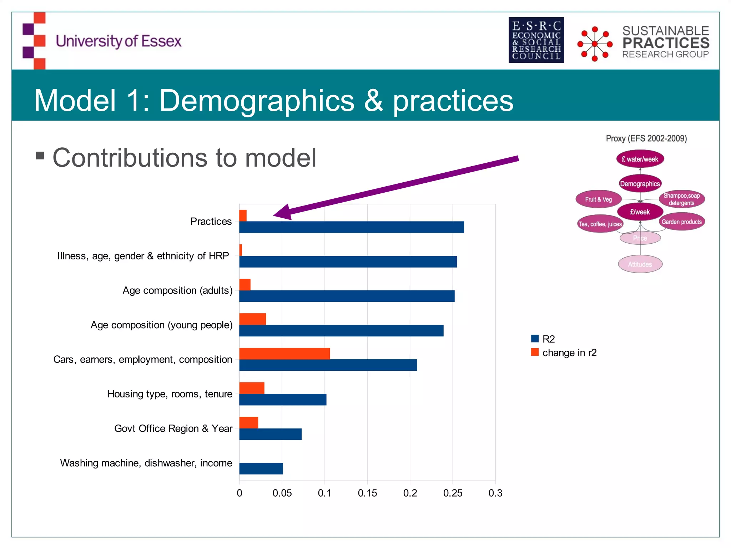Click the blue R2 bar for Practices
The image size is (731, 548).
[x=352, y=227]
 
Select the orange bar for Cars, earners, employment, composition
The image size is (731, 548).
[x=284, y=354]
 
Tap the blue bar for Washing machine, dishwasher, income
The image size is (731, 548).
[x=261, y=468]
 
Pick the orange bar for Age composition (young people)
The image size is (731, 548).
[x=253, y=319]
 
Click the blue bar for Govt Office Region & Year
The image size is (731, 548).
[x=270, y=434]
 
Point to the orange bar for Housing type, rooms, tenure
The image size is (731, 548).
[x=252, y=388]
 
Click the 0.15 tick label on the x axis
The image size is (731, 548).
[x=367, y=493]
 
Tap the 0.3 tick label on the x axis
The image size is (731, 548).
[x=495, y=493]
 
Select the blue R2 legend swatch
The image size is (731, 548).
[x=535, y=339]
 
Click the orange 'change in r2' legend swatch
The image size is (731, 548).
[x=535, y=352]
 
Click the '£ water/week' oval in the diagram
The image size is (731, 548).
[x=640, y=159]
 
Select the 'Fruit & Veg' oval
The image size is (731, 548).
[x=599, y=199]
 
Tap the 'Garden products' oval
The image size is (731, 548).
[x=681, y=222]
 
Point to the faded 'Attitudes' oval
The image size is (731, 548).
[x=640, y=264]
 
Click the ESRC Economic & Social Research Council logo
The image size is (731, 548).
[x=536, y=40]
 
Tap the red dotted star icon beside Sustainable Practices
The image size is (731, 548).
[x=595, y=44]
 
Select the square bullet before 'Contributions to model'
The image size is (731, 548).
[x=40, y=156]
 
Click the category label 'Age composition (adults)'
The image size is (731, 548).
[x=177, y=290]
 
